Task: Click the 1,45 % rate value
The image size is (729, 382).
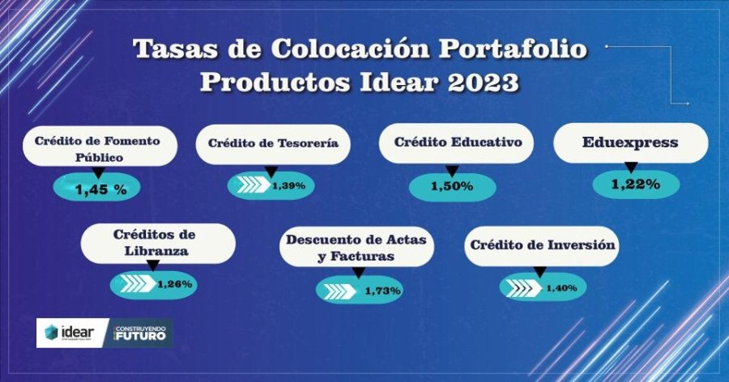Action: click(x=101, y=189)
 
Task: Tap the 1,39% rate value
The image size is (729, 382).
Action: click(x=288, y=186)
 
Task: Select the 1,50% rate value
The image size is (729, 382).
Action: click(x=452, y=186)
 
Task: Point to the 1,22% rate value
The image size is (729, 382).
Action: click(x=636, y=185)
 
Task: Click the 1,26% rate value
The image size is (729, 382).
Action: click(x=175, y=284)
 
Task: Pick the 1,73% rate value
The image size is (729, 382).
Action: click(x=382, y=291)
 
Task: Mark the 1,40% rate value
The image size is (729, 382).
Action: click(x=561, y=288)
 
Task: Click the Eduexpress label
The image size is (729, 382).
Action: click(x=630, y=142)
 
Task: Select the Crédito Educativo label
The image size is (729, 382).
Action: click(x=458, y=142)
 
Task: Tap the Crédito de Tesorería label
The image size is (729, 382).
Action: click(x=274, y=143)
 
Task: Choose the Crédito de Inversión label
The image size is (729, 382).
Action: click(x=542, y=245)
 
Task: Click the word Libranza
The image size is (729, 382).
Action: click(x=156, y=251)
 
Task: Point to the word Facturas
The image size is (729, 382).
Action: click(x=362, y=257)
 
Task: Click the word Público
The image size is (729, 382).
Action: click(x=100, y=158)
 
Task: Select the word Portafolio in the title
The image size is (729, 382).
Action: click(x=513, y=49)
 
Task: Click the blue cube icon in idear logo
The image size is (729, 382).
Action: click(x=51, y=333)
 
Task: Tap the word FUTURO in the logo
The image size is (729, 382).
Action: click(x=140, y=336)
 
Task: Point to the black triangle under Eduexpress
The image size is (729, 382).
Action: click(x=630, y=168)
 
